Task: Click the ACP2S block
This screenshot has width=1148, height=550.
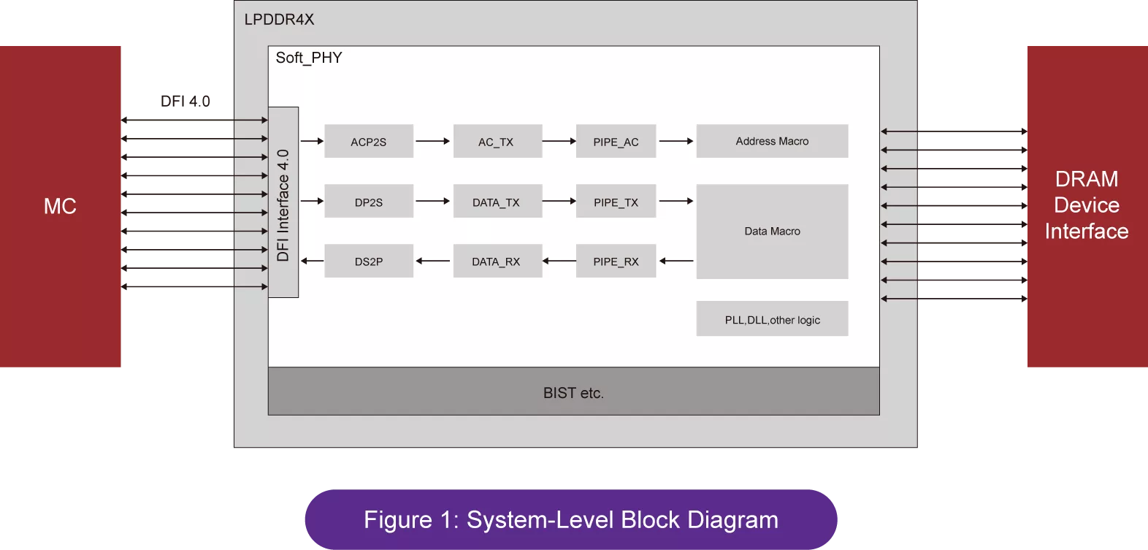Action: [x=369, y=141]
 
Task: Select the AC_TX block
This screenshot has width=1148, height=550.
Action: [x=497, y=141]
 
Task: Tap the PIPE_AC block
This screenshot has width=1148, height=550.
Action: [x=616, y=141]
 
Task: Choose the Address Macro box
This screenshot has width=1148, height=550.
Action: [x=773, y=141]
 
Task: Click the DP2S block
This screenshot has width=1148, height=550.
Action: [x=369, y=201]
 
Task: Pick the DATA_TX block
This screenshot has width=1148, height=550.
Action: [x=497, y=201]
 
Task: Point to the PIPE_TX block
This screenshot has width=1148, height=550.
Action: [x=616, y=201]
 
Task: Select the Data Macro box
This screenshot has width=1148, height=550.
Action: [x=773, y=232]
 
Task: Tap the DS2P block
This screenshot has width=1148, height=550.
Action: [x=369, y=261]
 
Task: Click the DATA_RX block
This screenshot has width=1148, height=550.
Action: [x=497, y=261]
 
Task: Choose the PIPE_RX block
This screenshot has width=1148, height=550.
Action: [x=616, y=261]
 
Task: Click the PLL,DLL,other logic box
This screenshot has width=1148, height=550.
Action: [x=773, y=319]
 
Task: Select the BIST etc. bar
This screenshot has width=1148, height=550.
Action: [x=573, y=391]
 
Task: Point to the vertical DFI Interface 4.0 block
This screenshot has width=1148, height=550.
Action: [x=283, y=202]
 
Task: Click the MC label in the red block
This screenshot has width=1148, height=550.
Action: [x=60, y=206]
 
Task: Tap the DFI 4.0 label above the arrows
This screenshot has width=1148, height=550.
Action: [x=185, y=101]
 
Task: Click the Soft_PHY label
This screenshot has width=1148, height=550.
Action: [x=308, y=58]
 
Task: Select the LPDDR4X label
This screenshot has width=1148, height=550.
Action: [x=279, y=20]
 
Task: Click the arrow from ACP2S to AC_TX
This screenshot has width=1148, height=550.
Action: [x=433, y=141]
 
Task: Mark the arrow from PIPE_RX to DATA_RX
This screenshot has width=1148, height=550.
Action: [x=559, y=261]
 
